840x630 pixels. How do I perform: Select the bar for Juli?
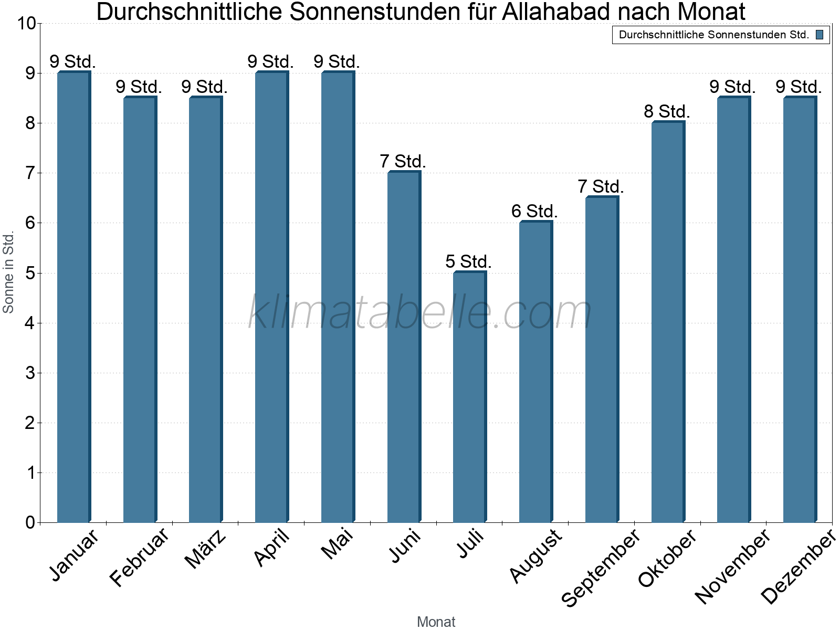[x=469, y=397]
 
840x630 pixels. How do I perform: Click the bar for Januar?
[x=73, y=297]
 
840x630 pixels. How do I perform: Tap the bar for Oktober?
[x=667, y=322]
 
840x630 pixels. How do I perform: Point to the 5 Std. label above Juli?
[x=468, y=261]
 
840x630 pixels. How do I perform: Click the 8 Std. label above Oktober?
[x=667, y=111]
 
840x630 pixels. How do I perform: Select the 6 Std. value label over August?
[x=534, y=211]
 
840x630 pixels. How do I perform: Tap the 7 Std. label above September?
[x=601, y=186]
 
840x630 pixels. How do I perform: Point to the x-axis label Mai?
[x=338, y=544]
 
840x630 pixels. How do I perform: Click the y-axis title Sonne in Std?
[x=8, y=272]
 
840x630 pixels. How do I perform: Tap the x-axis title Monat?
[x=436, y=622]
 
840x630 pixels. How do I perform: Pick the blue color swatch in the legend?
[x=820, y=35]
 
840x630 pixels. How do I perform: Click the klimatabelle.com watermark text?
[x=420, y=312]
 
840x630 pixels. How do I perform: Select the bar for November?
[x=733, y=310]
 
